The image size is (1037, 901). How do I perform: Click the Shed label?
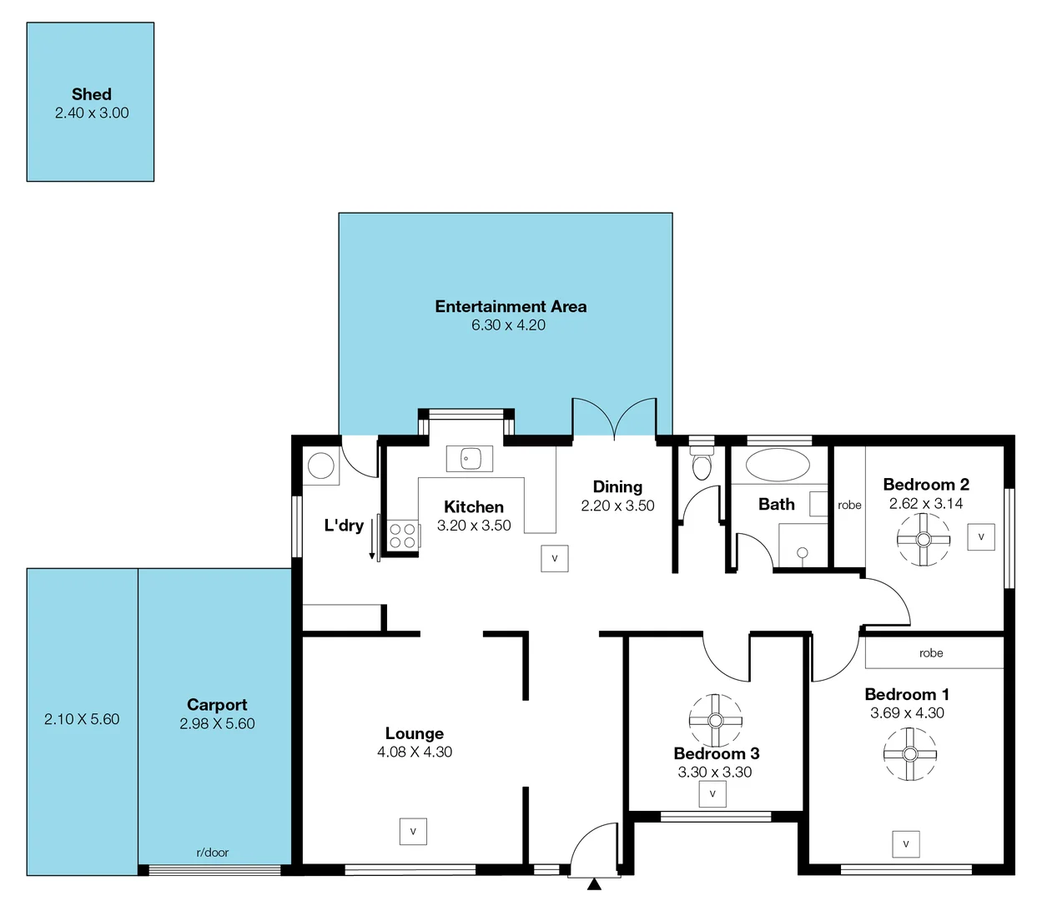[91, 94]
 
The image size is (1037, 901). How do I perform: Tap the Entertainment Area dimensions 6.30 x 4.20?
[508, 325]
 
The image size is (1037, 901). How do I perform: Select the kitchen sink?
[469, 458]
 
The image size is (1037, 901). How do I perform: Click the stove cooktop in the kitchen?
[402, 535]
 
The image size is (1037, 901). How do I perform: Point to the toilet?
[702, 464]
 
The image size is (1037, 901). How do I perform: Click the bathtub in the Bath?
[777, 466]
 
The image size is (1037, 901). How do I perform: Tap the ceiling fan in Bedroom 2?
[923, 539]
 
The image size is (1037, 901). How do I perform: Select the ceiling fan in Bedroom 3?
[715, 720]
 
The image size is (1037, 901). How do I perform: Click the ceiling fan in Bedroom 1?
[909, 754]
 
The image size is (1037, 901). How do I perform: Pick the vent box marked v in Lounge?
[413, 832]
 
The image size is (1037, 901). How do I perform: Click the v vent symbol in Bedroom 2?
[981, 536]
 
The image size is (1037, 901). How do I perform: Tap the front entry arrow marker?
[594, 884]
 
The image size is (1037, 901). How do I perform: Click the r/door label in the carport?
[212, 853]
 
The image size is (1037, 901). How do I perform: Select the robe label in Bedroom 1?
[931, 653]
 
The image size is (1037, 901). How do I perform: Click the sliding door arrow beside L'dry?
[372, 539]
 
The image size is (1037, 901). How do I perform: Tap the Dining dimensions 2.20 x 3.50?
[617, 506]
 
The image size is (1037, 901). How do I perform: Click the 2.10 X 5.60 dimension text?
[82, 719]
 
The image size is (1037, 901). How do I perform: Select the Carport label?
[217, 704]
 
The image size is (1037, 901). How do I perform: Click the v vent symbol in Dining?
[555, 558]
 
